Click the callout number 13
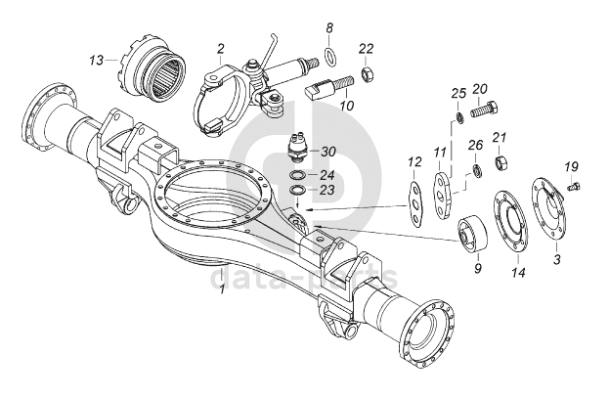(97, 61)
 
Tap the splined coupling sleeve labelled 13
(152, 70)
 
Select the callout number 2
(221, 49)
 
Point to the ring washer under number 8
(330, 57)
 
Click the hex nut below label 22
(367, 73)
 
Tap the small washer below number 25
(458, 117)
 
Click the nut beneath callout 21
(500, 161)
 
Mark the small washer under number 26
(476, 170)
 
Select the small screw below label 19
(572, 188)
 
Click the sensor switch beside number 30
(300, 149)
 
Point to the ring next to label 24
(297, 175)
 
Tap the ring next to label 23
(297, 191)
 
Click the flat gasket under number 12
(416, 203)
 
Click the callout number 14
(518, 272)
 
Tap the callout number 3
(557, 259)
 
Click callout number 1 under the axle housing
(222, 289)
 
